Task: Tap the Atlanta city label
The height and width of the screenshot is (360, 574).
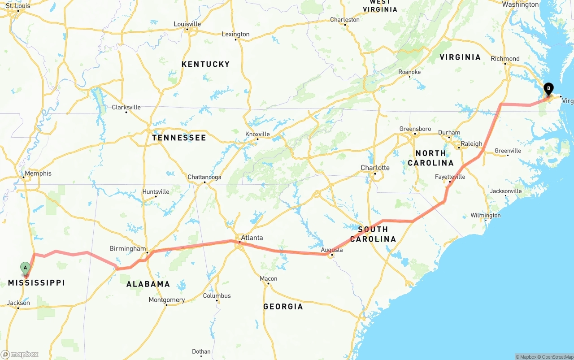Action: pos(252,238)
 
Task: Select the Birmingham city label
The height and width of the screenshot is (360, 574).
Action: pos(128,249)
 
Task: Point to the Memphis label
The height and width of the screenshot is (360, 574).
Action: pos(38,173)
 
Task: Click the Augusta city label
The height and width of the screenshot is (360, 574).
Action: pos(332,250)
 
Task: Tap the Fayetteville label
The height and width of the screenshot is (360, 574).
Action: pos(450,177)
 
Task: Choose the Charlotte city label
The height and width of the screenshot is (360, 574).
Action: pos(375,168)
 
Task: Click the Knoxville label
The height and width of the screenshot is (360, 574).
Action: pos(257,134)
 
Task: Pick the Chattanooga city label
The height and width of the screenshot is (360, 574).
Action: pos(204,177)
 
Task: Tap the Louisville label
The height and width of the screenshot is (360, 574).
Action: pos(187,24)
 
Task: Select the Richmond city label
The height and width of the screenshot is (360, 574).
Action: pos(505,59)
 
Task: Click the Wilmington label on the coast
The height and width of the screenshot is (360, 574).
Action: pos(485,216)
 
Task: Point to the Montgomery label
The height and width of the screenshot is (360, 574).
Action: pos(167,300)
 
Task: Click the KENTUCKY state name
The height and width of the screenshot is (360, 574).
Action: pos(205,65)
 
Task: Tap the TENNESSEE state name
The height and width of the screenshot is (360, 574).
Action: pos(179,138)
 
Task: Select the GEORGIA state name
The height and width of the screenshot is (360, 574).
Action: pos(283,307)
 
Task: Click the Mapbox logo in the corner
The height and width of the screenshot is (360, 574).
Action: pos(20,354)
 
